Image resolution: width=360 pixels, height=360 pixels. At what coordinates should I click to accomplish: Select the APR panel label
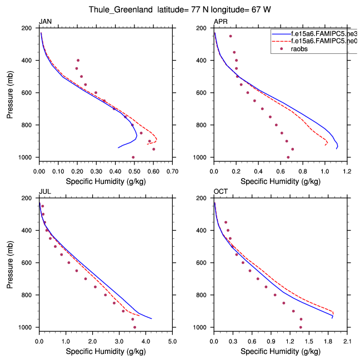tap(220, 21)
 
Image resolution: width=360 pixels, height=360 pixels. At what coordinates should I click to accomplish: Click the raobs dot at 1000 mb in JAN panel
tap(133, 157)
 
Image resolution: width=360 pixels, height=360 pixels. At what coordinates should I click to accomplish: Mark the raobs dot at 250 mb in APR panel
tap(231, 36)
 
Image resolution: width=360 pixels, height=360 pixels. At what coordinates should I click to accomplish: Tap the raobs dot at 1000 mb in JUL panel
tap(134, 327)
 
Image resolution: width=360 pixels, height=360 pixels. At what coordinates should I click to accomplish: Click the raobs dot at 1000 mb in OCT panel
tap(301, 327)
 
